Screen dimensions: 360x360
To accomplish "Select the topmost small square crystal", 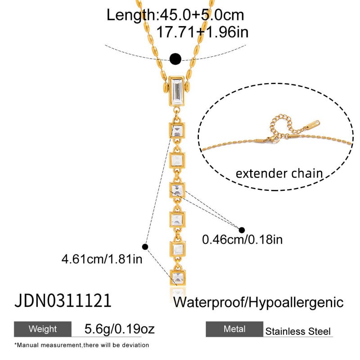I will pos(177,131).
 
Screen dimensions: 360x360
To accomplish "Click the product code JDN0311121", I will pos(63,301).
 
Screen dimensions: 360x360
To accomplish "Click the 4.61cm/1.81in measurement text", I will pos(102,259).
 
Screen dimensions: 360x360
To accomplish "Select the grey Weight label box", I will pos(43,329).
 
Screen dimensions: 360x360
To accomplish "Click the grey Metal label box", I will pos(234,329).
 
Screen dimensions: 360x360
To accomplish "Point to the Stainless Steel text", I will pos(298,332).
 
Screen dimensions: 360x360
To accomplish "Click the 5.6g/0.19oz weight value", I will pos(120,329).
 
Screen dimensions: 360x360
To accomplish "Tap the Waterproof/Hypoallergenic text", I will pos(258,302).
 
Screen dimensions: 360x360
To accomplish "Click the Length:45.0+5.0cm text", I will pos(175,15).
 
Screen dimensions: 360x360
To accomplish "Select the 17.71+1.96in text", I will pos(202,32).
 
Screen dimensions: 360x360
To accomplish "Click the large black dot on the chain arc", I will pos(175,58).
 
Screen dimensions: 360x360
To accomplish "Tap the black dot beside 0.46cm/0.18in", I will pos(242,229).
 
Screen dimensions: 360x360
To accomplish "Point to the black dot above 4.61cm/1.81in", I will pos(145,246).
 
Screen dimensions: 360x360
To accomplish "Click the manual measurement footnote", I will pos(81,345).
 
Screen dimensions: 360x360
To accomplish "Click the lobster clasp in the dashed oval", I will pos(270,141).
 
